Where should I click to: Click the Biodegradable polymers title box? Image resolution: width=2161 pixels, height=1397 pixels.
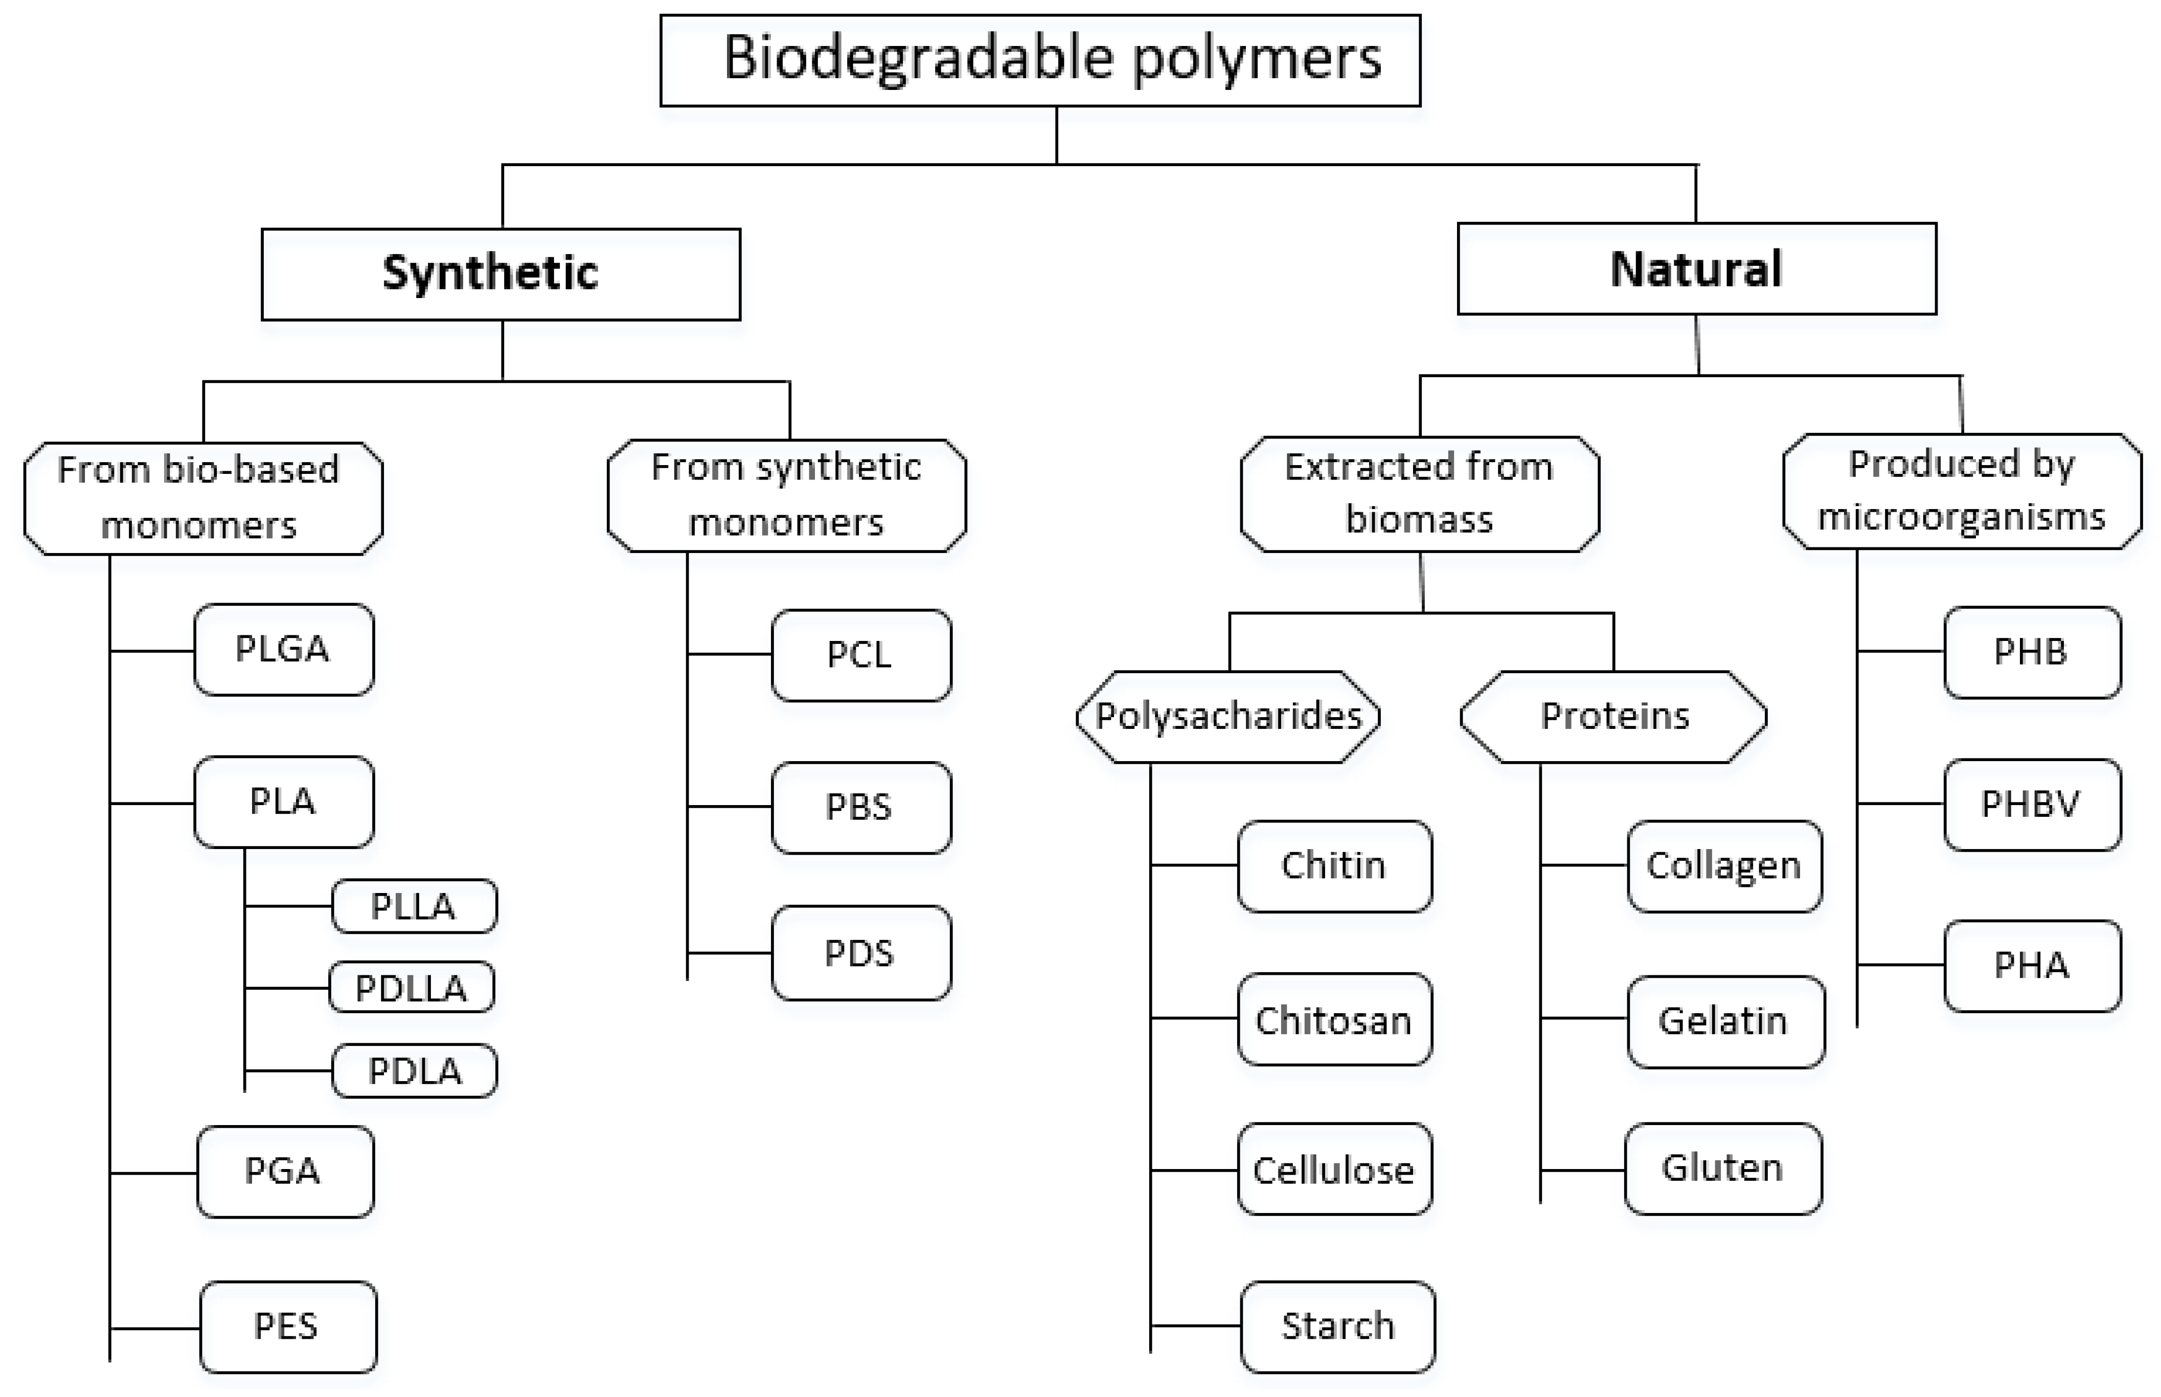point(1040,60)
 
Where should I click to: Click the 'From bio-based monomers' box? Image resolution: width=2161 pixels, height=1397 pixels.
point(203,498)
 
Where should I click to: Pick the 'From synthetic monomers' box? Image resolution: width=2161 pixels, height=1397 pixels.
point(787,495)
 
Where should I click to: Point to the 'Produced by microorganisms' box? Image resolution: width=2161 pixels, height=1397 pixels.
point(1962,491)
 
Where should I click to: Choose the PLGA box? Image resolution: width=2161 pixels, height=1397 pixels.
point(283,650)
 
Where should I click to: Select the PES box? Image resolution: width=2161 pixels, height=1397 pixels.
point(288,1326)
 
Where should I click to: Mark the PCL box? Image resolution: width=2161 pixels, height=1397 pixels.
point(861,655)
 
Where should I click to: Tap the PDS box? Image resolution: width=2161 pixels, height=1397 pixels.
point(861,952)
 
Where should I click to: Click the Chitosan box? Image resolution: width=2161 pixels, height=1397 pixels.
point(1334,1020)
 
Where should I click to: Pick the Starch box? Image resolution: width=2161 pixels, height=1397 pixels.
point(1337,1326)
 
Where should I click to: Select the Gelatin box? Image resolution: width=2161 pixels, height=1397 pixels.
point(1724,1021)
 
